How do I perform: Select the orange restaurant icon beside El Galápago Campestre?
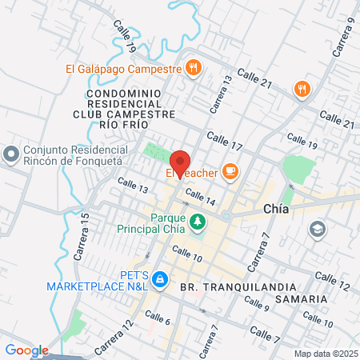click(193, 68)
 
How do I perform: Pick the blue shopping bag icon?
click(160, 278)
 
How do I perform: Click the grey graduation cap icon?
click(318, 230)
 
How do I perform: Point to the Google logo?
click(26, 350)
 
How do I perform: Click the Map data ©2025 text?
click(326, 353)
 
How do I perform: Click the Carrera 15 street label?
click(82, 246)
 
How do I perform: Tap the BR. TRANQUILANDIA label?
click(233, 286)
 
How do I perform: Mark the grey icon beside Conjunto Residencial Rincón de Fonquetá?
click(12, 153)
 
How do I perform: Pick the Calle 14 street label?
click(200, 197)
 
